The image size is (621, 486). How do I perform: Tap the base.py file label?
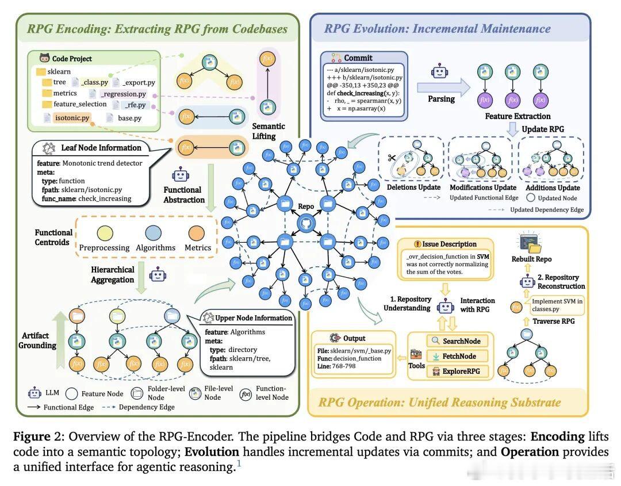129,118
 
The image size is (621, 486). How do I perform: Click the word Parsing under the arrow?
441,99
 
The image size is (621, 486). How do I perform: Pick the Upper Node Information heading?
252,318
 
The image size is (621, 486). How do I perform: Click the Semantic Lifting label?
268,131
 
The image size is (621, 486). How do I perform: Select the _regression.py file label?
123,93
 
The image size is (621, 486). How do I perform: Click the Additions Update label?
552,187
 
